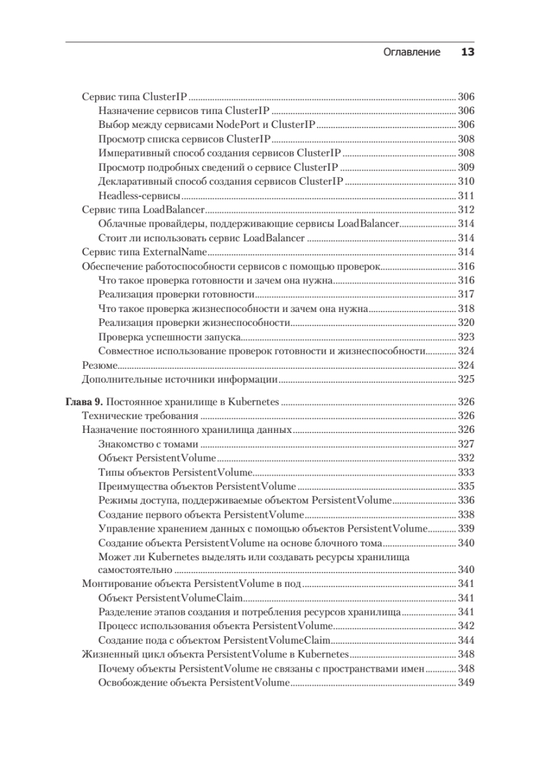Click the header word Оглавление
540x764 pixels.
point(412,52)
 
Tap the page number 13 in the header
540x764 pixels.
point(467,52)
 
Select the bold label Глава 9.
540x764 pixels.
point(85,402)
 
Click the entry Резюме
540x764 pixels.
point(100,365)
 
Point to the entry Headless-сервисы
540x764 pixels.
point(139,195)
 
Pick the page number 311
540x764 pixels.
point(466,195)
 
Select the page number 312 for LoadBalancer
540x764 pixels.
point(466,209)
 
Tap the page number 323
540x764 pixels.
point(466,337)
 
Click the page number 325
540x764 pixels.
point(466,380)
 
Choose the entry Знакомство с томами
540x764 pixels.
point(149,444)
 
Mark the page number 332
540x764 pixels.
point(466,458)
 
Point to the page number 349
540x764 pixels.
point(466,683)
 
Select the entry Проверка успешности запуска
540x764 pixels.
point(168,337)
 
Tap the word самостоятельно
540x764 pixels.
point(135,570)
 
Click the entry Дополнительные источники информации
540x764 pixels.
point(180,380)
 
